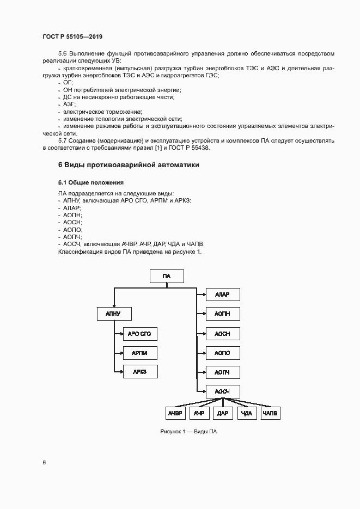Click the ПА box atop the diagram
click(x=167, y=276)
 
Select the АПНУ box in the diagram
click(x=114, y=314)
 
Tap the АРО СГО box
click(x=140, y=334)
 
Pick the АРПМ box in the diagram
click(x=140, y=353)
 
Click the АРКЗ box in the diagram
click(x=140, y=372)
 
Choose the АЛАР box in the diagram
click(x=223, y=295)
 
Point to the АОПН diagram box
click(x=223, y=314)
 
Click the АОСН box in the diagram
click(x=223, y=334)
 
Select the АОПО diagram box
click(x=223, y=353)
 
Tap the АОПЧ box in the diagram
click(x=223, y=372)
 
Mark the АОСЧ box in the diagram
click(x=223, y=392)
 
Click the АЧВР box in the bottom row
click(x=175, y=413)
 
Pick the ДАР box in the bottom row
click(x=223, y=413)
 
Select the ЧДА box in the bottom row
click(x=247, y=413)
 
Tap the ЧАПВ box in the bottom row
click(x=270, y=413)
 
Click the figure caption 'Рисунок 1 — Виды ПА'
click(x=188, y=432)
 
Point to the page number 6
click(x=44, y=463)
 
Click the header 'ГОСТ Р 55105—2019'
click(x=73, y=36)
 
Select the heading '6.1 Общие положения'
click(x=91, y=182)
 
